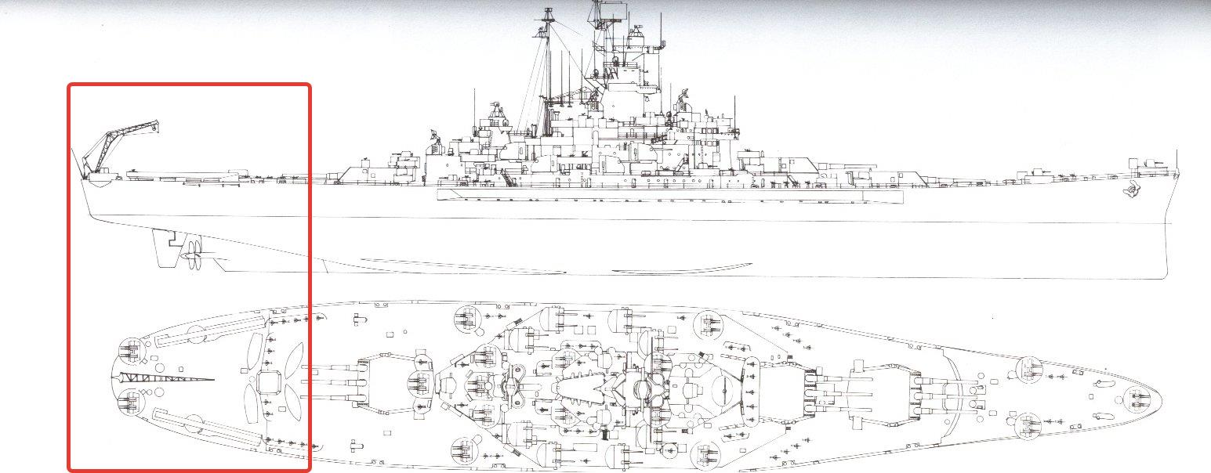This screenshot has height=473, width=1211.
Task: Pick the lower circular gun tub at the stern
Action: [x=129, y=404]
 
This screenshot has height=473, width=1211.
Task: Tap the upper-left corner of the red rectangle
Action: [x=70, y=85]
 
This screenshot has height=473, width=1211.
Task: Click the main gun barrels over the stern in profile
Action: [x=180, y=170]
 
